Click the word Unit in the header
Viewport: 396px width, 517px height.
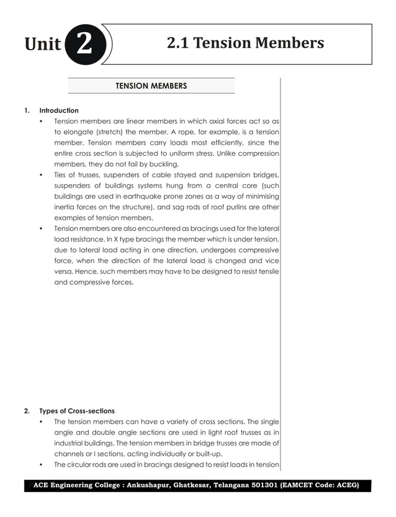click(43, 45)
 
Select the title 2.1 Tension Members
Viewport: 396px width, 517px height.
click(245, 43)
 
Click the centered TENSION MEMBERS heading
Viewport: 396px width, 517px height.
click(151, 86)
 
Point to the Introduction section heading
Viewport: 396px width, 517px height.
click(59, 110)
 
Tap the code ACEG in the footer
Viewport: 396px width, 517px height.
click(344, 485)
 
